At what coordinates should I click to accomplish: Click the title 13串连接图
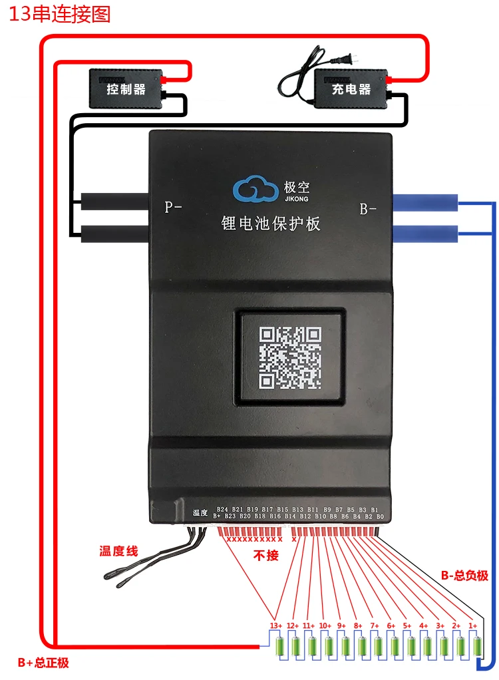point(59,14)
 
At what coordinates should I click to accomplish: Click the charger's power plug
point(348,59)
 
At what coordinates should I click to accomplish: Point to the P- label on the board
point(173,207)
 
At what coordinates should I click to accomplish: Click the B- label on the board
point(368,210)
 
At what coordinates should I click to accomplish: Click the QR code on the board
point(290,357)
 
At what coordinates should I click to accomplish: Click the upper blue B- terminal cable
point(425,202)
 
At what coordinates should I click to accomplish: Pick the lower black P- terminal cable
point(114,233)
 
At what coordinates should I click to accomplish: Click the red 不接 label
point(266,555)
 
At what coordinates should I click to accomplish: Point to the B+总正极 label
point(43,662)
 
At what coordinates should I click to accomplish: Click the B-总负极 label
point(464,576)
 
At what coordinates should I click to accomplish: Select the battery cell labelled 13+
point(279,645)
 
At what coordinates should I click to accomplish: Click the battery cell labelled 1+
point(478,645)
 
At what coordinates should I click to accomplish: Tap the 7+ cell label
point(374,626)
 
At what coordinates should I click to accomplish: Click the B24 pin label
point(222,509)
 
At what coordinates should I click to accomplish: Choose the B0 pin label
point(380,516)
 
